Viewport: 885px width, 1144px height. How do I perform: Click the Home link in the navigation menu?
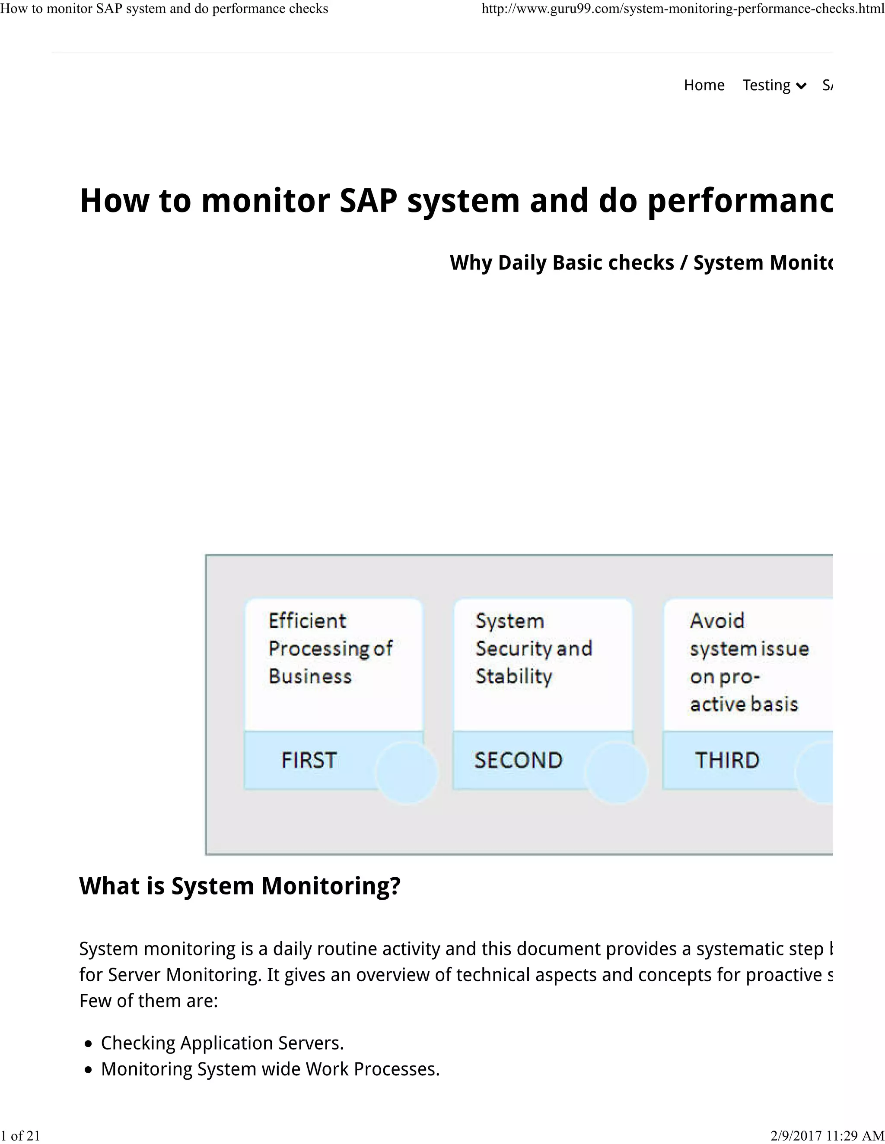[x=704, y=85]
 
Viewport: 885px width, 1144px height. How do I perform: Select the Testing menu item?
[x=766, y=85]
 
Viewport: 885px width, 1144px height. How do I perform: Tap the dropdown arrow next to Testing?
[x=801, y=86]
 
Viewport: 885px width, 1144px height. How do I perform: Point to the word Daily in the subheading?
[x=522, y=262]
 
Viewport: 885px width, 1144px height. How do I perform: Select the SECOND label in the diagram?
[x=518, y=760]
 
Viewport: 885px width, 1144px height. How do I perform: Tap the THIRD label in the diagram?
[x=727, y=760]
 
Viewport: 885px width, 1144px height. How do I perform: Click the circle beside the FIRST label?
[x=407, y=772]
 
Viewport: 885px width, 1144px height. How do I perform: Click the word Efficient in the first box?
[x=307, y=621]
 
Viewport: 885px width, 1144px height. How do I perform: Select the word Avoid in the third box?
[x=717, y=621]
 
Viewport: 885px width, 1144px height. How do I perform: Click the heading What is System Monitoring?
[x=239, y=886]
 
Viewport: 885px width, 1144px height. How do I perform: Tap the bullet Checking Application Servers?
[x=222, y=1043]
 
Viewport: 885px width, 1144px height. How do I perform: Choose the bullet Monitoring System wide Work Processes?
[x=270, y=1069]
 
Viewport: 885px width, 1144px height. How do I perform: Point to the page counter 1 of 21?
[x=20, y=1135]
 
